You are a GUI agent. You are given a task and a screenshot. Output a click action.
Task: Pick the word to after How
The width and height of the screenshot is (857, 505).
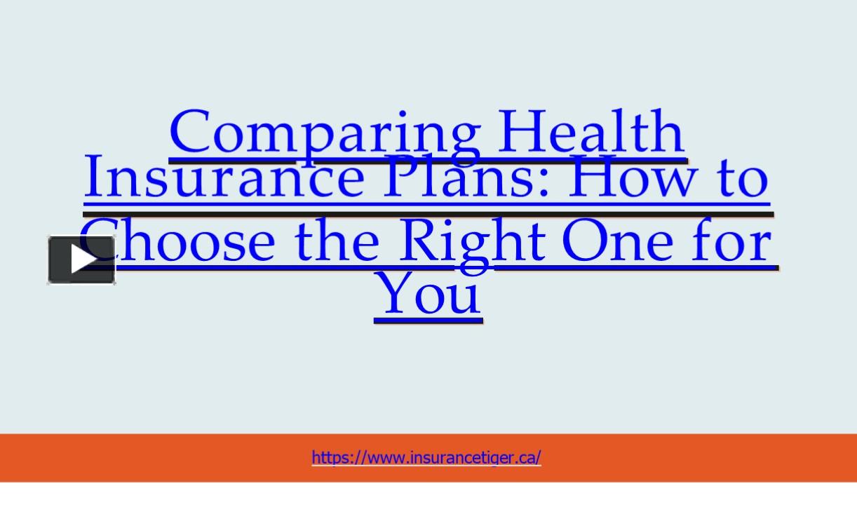[x=742, y=179]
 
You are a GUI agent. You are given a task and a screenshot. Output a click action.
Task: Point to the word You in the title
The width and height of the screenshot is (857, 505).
[x=428, y=293]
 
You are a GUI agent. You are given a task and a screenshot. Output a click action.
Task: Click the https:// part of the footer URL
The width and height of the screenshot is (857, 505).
[x=336, y=457]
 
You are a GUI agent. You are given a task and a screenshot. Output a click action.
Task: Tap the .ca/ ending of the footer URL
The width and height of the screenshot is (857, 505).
[x=529, y=457]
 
